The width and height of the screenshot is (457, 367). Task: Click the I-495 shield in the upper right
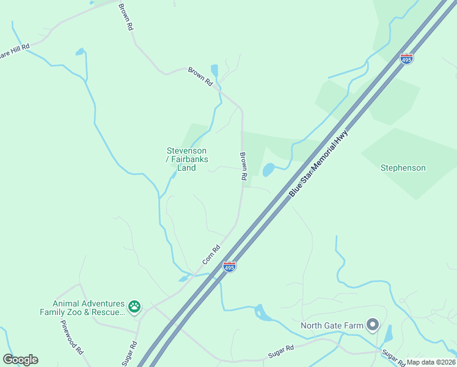[x=407, y=59]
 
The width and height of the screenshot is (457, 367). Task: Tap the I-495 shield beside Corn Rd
[x=230, y=267]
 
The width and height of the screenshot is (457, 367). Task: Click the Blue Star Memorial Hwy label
[x=318, y=162]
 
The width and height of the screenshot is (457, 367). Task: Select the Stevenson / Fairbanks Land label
[x=186, y=159]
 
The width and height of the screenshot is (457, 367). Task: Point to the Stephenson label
[x=403, y=168]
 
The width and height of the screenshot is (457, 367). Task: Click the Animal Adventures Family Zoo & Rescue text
[x=89, y=308]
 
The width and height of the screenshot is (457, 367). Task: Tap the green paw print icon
[x=134, y=305]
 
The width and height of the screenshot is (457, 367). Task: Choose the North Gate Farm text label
[x=332, y=325]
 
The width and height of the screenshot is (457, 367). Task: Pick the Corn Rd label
[x=211, y=255]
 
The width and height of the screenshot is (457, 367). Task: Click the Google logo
[x=20, y=360]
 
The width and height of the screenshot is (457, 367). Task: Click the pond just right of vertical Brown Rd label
[x=268, y=169]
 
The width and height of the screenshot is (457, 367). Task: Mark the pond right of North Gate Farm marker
[x=388, y=334]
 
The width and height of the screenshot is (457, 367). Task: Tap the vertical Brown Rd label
[x=243, y=166]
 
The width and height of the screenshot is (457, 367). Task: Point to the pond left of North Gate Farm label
[x=263, y=313]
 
